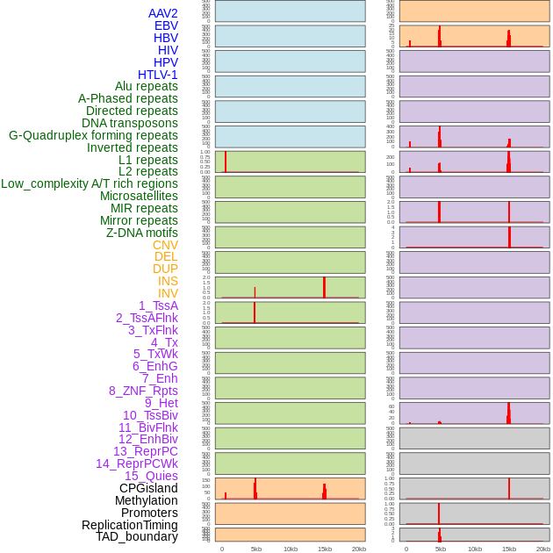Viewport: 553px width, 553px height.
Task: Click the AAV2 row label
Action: point(162,13)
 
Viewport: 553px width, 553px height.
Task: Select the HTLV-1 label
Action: point(157,75)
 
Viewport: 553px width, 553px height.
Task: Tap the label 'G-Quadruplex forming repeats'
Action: point(93,135)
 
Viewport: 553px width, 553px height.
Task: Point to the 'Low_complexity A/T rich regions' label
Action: point(90,183)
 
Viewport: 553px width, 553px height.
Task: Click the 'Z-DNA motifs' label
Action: point(141,233)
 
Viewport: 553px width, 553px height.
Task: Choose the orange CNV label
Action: point(165,245)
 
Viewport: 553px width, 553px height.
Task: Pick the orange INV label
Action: point(168,293)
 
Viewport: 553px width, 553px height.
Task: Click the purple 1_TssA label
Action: point(158,305)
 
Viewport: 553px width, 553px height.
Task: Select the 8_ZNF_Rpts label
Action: point(143,391)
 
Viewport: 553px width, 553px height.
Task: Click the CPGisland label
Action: point(148,488)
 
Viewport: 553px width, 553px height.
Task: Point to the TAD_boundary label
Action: point(137,536)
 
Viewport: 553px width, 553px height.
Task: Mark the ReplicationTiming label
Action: point(130,525)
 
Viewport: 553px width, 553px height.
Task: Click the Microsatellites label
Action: point(139,196)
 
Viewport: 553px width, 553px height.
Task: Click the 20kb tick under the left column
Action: point(359,549)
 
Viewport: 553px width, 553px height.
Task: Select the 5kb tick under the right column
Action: point(441,549)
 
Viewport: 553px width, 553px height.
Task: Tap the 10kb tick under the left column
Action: point(291,549)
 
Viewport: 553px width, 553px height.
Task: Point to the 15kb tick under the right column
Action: point(509,549)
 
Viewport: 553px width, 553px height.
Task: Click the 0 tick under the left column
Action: point(222,549)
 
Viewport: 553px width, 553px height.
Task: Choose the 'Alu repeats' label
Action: point(147,86)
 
